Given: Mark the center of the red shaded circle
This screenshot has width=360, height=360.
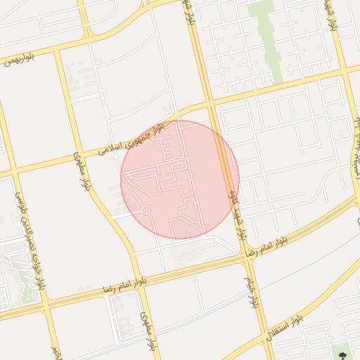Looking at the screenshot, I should click(x=180, y=179).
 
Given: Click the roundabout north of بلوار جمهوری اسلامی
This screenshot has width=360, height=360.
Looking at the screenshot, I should click(x=101, y=94).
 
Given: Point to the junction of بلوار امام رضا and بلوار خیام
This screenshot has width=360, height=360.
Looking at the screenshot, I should click(x=247, y=257).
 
